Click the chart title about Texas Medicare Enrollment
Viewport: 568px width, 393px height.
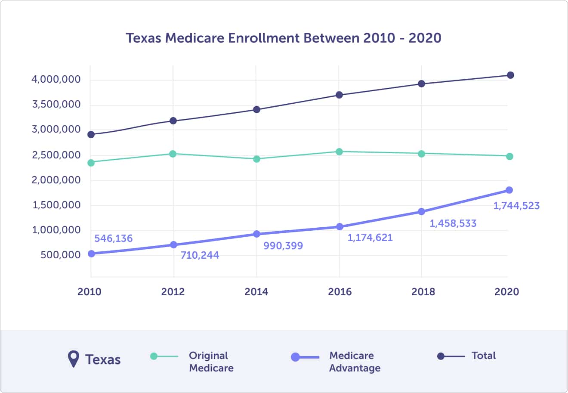pos(284,38)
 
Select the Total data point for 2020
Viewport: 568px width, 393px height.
pos(510,75)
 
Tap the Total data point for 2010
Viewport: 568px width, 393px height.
pos(91,135)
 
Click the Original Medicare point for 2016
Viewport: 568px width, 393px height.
pos(339,152)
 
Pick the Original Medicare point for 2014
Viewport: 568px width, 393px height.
pos(256,159)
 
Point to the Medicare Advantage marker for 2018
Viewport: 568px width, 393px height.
pos(421,211)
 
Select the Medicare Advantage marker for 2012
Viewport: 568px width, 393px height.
pos(173,244)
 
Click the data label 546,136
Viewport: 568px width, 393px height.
pos(114,238)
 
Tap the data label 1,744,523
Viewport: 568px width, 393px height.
pos(516,206)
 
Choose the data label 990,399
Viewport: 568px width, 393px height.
pos(283,246)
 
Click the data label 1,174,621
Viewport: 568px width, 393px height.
pos(370,238)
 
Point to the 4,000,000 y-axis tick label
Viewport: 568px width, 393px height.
pos(56,80)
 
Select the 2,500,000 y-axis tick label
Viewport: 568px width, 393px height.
pos(56,155)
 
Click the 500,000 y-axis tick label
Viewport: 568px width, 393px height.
pos(61,255)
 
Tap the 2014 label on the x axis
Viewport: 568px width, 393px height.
pos(256,292)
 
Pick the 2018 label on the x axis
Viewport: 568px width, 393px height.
pos(423,292)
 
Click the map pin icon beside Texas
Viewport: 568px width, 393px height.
pos(74,359)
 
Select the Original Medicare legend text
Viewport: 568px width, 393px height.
pos(211,362)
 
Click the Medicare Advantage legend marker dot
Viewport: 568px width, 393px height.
pos(295,357)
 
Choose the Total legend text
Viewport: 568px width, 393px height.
pos(483,356)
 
